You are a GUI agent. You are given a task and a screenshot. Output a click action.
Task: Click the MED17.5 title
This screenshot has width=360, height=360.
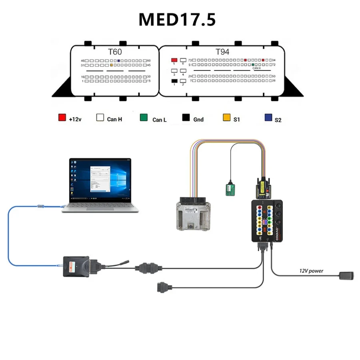coord(177,20)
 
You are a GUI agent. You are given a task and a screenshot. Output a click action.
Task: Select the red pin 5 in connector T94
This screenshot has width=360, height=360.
coord(174,60)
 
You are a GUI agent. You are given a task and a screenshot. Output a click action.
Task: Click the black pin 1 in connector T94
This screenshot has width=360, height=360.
coord(174,81)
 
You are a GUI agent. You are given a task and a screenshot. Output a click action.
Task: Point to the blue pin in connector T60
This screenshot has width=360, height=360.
coord(119,60)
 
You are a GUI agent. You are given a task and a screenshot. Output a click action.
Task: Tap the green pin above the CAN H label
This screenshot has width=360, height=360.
coord(253,64)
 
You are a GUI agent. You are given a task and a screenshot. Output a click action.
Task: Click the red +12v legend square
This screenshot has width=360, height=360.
coord(62,118)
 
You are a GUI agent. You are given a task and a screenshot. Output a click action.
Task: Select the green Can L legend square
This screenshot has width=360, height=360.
coord(144,118)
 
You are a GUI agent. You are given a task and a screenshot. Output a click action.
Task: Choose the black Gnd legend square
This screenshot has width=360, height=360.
coord(186,118)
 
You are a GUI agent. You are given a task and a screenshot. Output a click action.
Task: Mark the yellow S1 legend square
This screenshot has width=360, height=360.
coord(226,118)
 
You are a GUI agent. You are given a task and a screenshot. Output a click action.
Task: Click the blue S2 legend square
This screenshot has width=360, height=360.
coord(268,118)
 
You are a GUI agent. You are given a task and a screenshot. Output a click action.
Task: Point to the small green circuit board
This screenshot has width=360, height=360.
coord(230,189)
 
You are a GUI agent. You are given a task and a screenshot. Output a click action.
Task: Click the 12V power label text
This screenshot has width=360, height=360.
coord(311,271)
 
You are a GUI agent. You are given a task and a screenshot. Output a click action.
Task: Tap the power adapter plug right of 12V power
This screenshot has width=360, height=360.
coord(346,275)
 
